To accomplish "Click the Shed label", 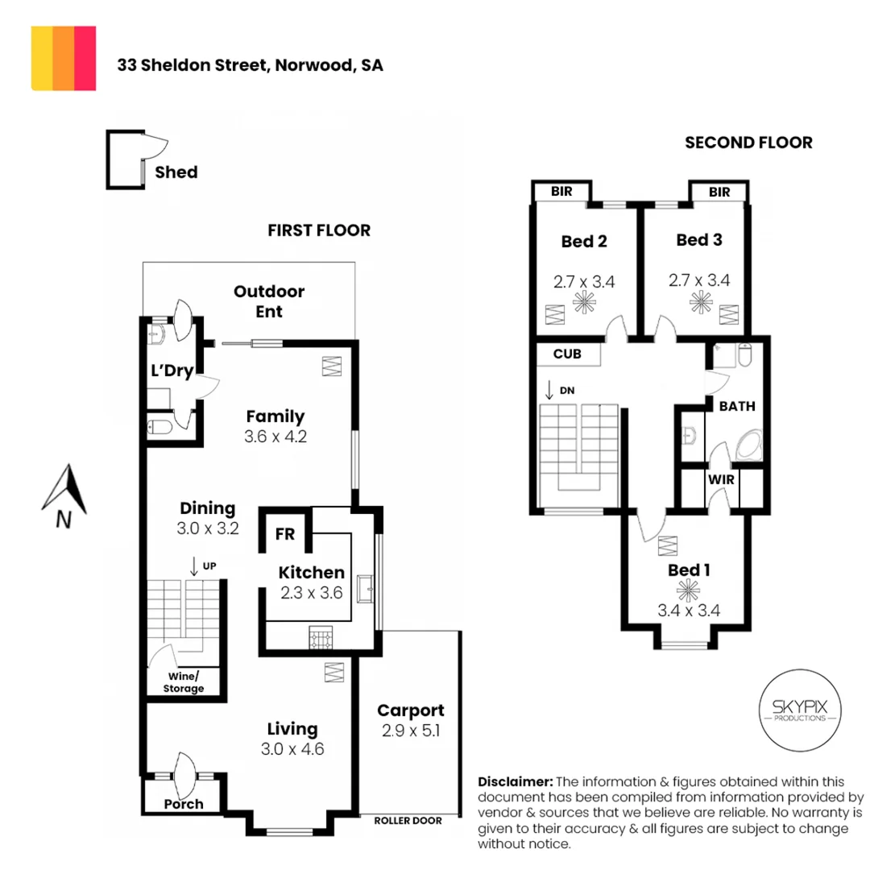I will tap(176, 172).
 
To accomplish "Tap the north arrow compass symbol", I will tap(65, 494).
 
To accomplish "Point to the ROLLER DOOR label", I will tap(408, 821).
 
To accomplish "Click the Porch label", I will tap(184, 804).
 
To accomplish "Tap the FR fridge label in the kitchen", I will tap(284, 534).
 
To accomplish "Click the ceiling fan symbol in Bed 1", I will tap(686, 591).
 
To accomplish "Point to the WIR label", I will tap(719, 480).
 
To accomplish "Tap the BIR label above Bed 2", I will tap(561, 193).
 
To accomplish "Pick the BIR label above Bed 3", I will tap(719, 193).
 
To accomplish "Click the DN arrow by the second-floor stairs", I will tap(549, 391).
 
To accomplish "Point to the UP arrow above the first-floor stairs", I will tap(194, 565).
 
